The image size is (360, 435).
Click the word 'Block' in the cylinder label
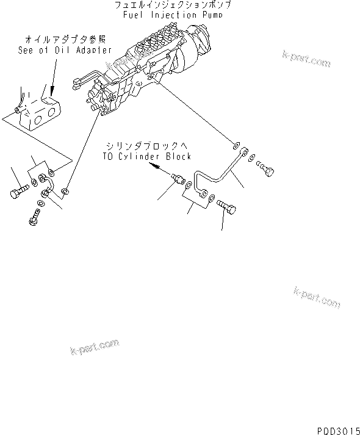[178, 156]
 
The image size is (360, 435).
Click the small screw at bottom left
[34, 217]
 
